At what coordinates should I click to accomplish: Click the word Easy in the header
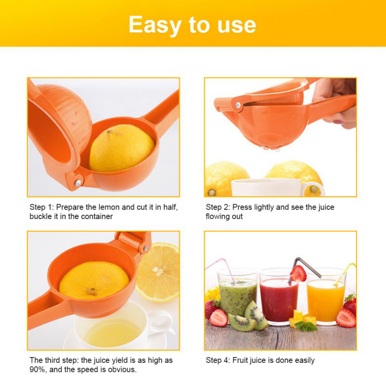pos(155,25)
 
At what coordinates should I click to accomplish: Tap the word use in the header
pos(237,25)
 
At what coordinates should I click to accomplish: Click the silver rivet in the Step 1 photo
pos(78,183)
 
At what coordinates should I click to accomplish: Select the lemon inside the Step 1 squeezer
pos(122,148)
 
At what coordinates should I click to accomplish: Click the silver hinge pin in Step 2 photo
pos(238,105)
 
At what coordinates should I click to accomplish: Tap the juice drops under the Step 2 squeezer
pos(271,149)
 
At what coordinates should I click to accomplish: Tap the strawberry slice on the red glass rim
pos(298,274)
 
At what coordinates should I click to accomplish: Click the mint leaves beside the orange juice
pos(305,326)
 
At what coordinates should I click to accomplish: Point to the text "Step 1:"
pos(41,207)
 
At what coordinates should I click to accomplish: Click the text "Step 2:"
pos(218,207)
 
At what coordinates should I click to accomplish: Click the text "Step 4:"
pos(218,360)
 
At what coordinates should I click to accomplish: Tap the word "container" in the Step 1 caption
pos(97,216)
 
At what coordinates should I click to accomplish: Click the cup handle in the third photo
pos(163,323)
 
